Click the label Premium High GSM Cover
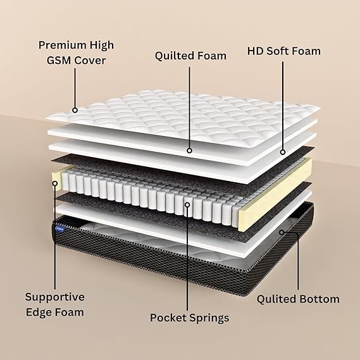click(x=76, y=53)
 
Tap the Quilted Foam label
click(x=190, y=56)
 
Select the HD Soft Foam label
click(x=284, y=51)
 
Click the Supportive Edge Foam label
click(x=55, y=304)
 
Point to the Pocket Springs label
click(x=190, y=318)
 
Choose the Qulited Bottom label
click(x=298, y=299)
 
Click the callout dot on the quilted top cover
click(x=75, y=110)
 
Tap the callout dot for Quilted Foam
click(x=189, y=151)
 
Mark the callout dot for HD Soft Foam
click(x=283, y=152)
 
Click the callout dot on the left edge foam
click(x=55, y=183)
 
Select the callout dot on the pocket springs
click(x=187, y=204)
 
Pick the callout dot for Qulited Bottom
click(x=282, y=232)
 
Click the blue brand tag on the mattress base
click(x=61, y=228)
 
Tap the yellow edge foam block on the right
click(x=276, y=195)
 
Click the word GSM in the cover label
click(x=59, y=60)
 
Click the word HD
click(x=255, y=51)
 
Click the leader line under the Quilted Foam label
click(x=189, y=108)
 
